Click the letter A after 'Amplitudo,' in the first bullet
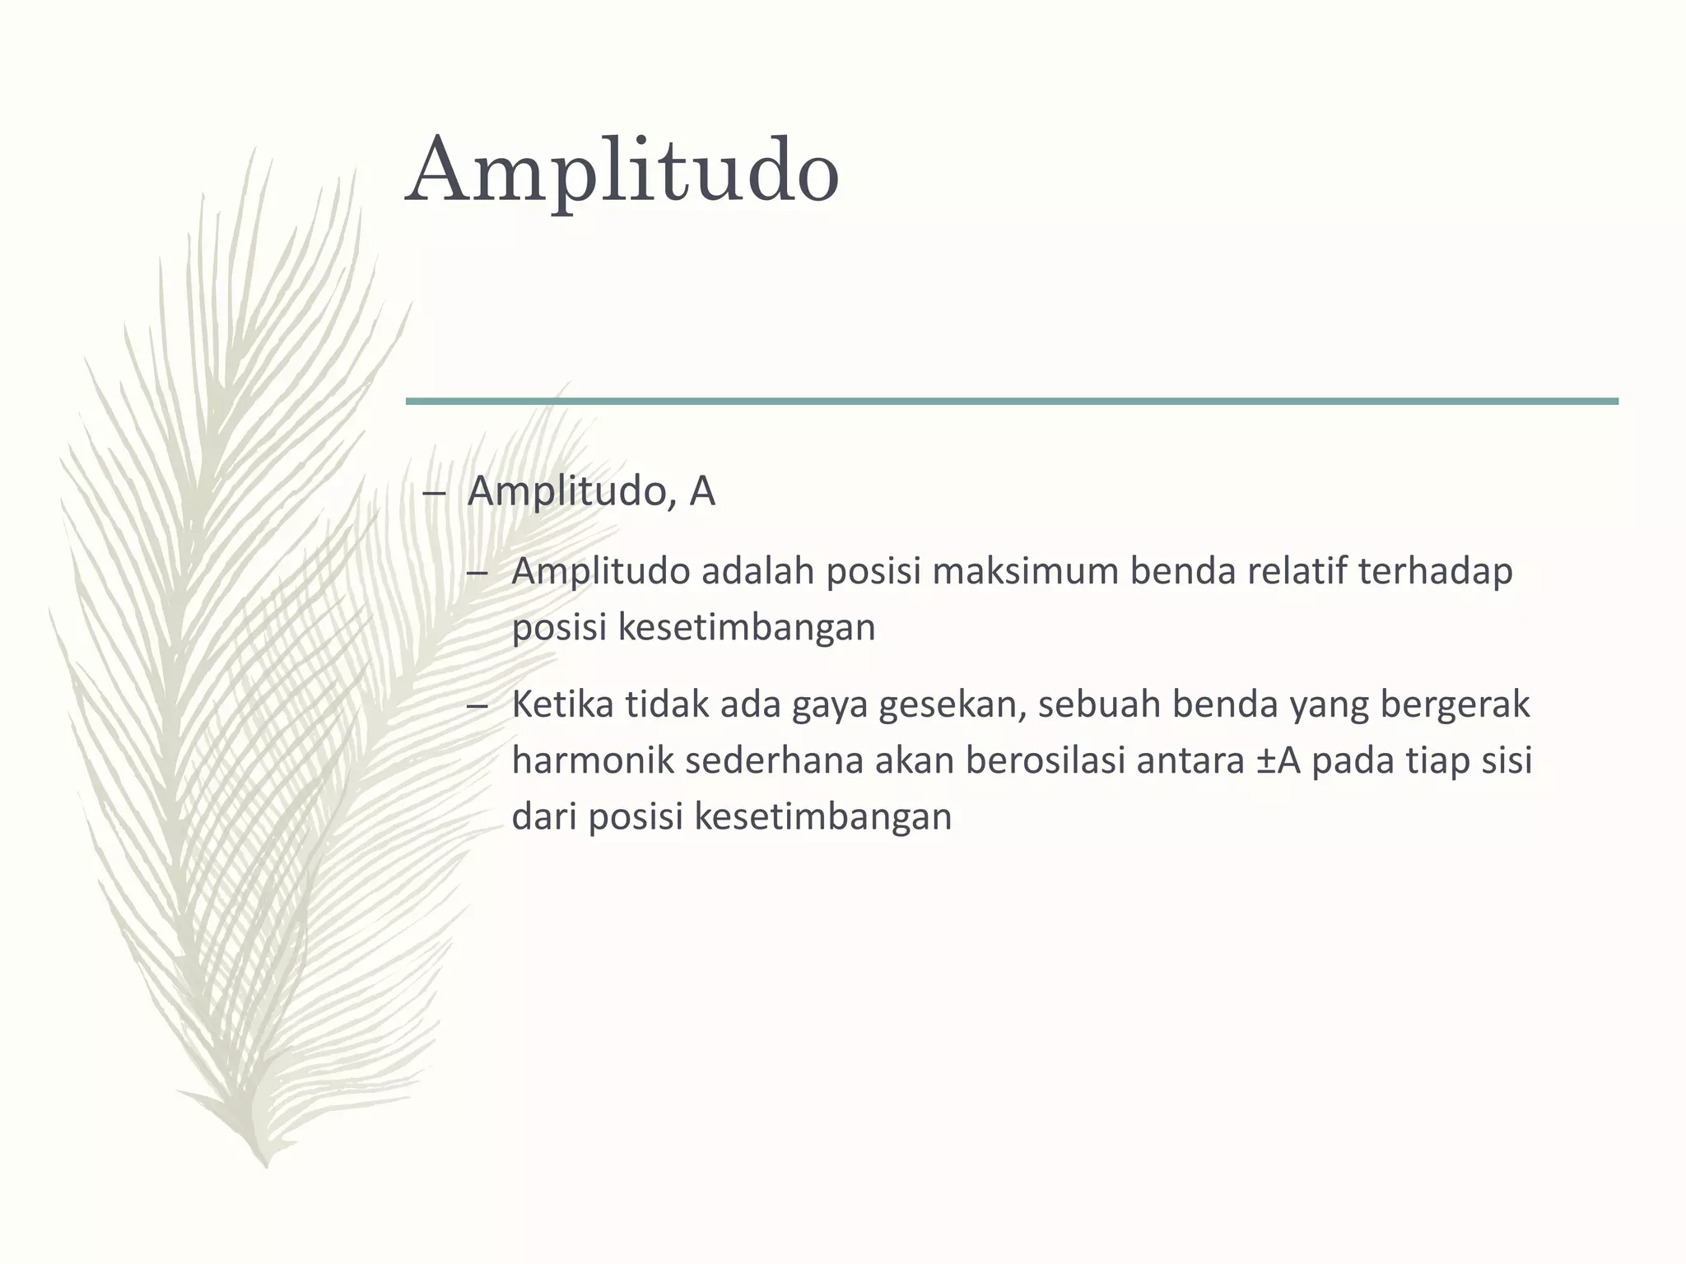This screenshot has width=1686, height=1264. pos(702,491)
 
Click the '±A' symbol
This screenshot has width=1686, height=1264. pos(1278,761)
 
